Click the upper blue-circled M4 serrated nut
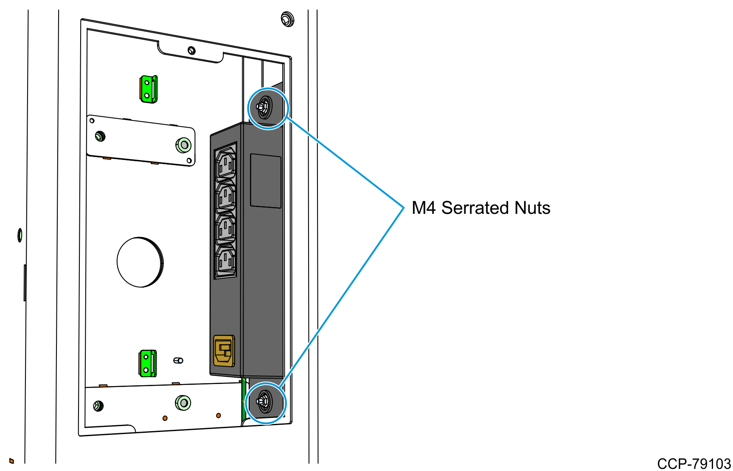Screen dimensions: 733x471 (264, 107)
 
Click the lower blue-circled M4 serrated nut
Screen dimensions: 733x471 (264, 401)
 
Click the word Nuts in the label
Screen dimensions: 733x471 (532, 208)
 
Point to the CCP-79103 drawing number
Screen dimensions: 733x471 (694, 463)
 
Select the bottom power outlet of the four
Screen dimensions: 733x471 (225, 261)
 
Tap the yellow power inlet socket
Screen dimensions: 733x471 (224, 350)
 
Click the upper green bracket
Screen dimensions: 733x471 (149, 89)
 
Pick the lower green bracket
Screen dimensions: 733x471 (148, 363)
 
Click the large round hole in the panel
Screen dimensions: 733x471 (140, 262)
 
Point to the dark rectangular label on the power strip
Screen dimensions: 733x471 (266, 181)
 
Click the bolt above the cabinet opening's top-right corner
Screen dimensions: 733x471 (287, 19)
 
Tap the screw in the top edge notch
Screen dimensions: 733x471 (191, 50)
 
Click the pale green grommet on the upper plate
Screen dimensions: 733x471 (183, 145)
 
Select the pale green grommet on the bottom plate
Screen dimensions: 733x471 (183, 402)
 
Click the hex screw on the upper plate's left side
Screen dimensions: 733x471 (100, 136)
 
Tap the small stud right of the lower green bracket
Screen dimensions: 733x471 (178, 361)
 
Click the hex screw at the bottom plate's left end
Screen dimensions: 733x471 (98, 406)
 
